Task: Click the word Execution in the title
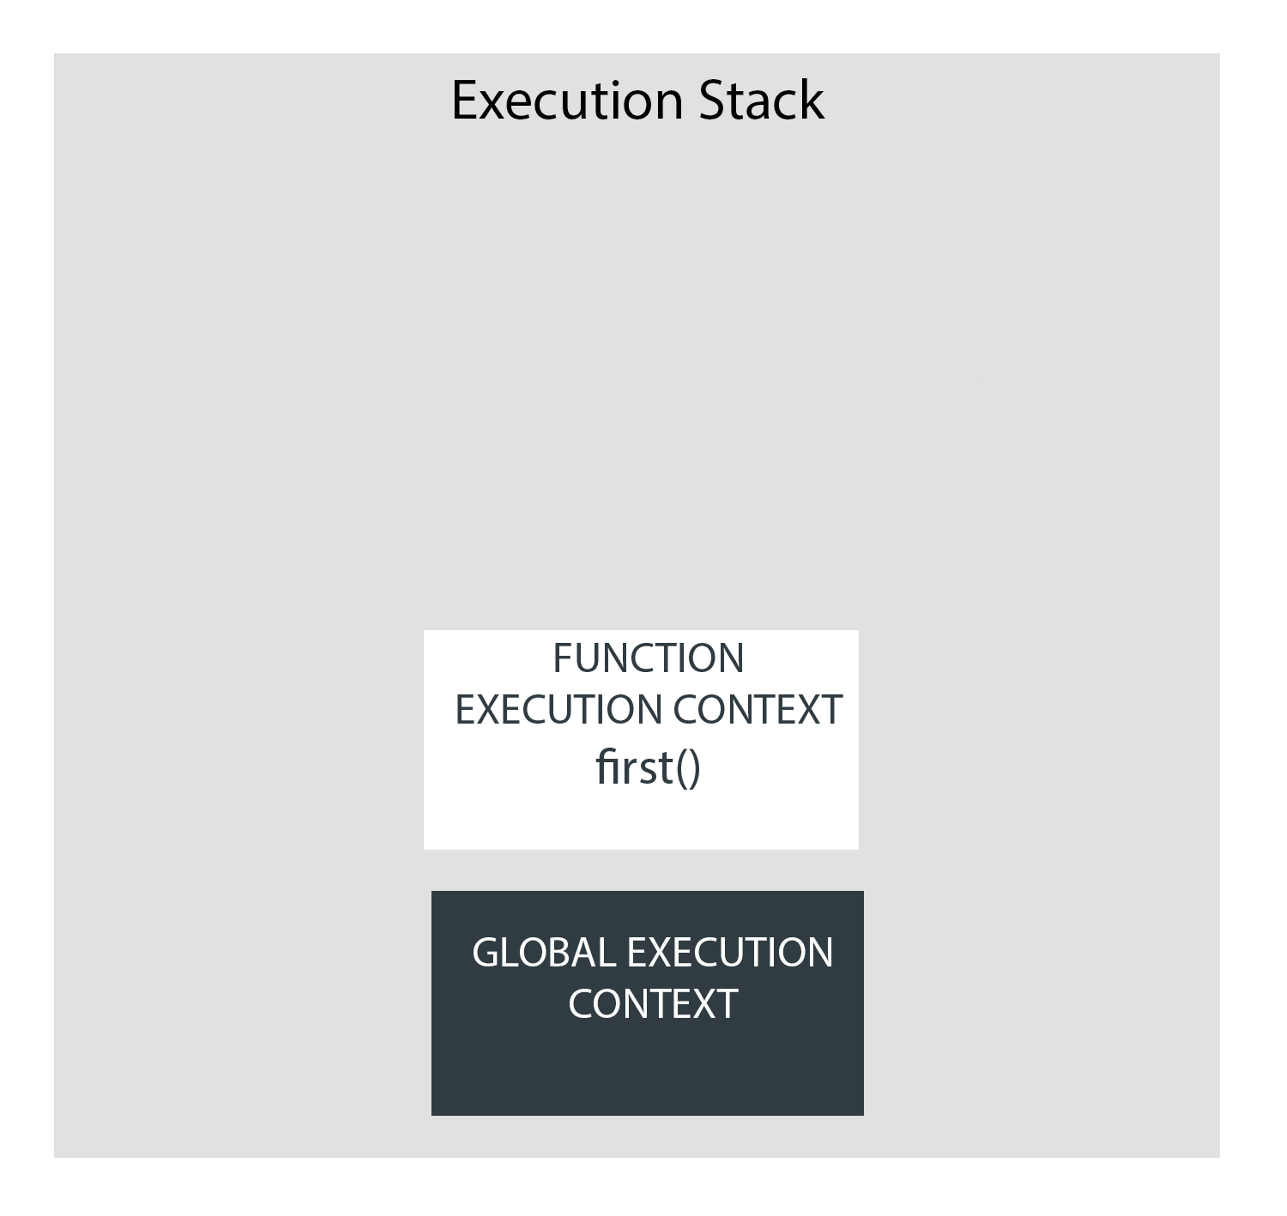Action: click(567, 101)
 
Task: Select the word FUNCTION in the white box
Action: click(648, 659)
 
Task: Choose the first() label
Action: click(648, 768)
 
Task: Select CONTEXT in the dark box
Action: click(653, 1004)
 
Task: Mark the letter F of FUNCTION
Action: click(561, 659)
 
